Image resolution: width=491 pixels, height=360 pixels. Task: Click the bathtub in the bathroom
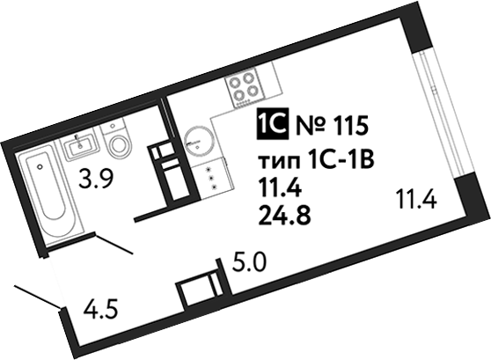(49, 195)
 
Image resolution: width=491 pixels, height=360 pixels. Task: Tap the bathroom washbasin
(81, 145)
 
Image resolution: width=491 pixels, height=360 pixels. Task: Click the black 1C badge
(272, 124)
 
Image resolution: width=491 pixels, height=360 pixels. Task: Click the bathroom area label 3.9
(95, 179)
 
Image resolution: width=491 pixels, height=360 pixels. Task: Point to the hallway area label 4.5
(100, 309)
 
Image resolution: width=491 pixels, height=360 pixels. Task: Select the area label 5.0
(249, 262)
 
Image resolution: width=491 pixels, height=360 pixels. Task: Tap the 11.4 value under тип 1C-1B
(279, 188)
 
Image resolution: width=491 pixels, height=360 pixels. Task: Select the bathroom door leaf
(114, 244)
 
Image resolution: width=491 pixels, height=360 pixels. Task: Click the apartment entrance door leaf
(37, 297)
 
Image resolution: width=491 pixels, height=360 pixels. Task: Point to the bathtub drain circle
(39, 167)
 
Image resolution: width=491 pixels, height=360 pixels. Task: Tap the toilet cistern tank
(113, 126)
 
